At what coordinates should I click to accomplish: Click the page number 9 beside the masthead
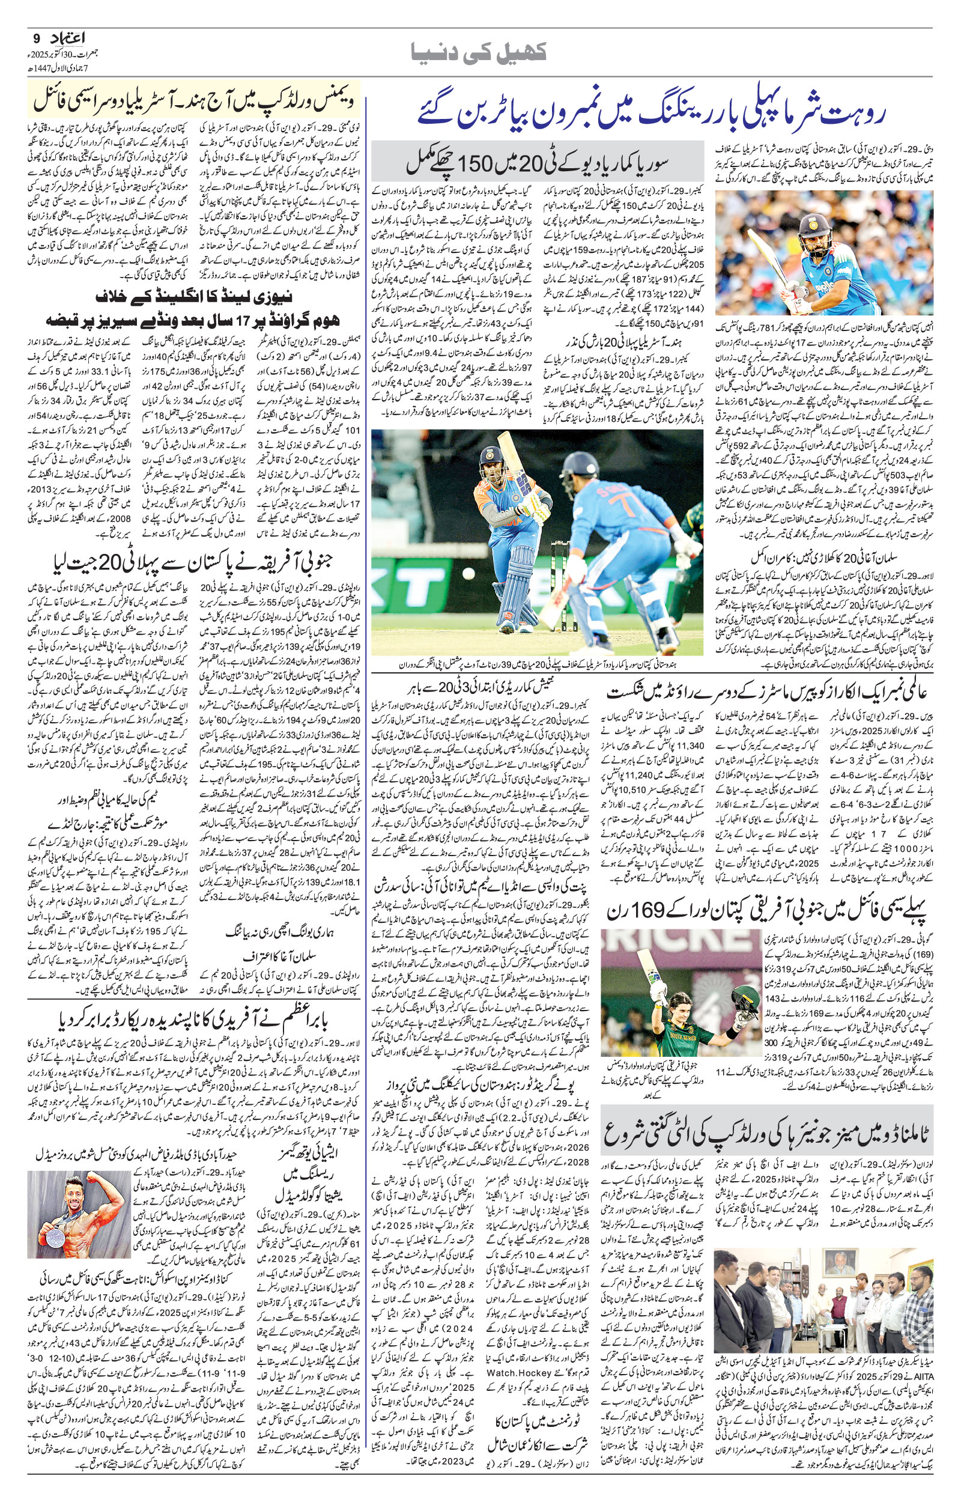tap(35, 38)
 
